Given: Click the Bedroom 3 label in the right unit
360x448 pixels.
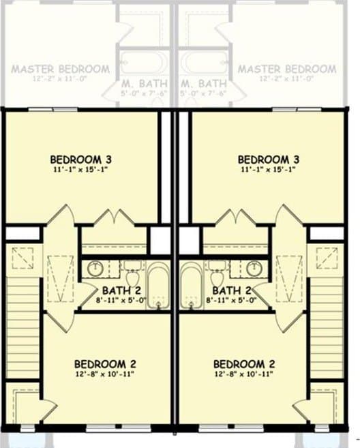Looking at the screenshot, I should (269, 159).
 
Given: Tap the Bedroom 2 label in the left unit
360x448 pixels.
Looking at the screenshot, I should (100, 363).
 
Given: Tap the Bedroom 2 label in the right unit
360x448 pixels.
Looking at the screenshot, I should (244, 363).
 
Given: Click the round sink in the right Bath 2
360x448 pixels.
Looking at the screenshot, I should (255, 268).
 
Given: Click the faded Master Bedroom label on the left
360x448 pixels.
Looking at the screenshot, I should (60, 69).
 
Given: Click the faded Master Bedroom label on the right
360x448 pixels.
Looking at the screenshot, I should (286, 69).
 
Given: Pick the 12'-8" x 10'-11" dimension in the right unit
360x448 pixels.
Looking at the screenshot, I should (244, 373).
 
